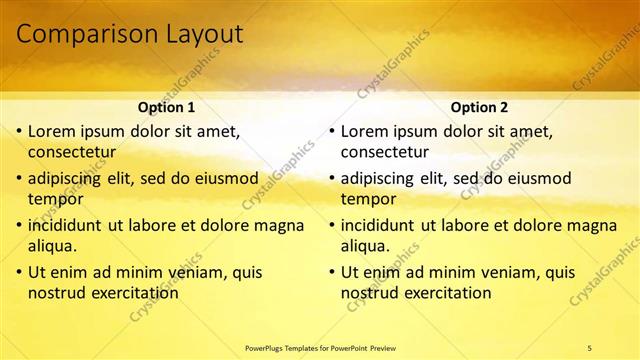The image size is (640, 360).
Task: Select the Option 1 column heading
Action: tap(166, 106)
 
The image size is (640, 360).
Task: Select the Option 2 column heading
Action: tap(479, 106)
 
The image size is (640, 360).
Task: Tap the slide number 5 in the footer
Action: tap(590, 347)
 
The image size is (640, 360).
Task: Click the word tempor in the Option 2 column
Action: tap(369, 199)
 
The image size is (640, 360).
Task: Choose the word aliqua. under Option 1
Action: tap(54, 246)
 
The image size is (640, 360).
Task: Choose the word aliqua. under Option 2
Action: tap(367, 246)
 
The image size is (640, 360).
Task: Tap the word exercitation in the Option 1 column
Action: tap(134, 293)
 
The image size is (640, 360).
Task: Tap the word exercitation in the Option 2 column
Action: tap(447, 293)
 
